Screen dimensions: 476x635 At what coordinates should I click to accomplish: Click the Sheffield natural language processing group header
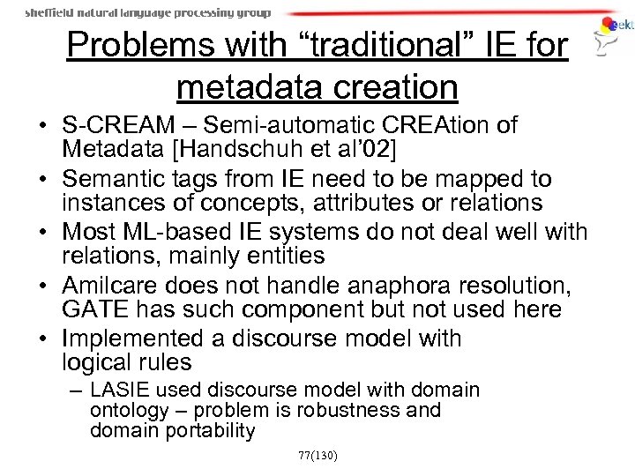tap(147, 13)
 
